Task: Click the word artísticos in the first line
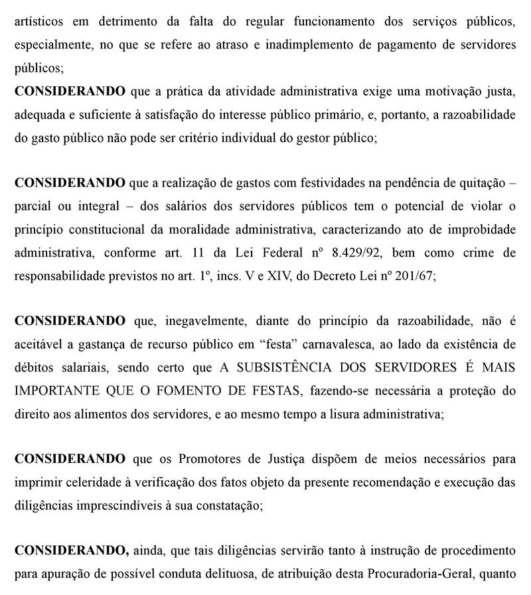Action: (x=40, y=21)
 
